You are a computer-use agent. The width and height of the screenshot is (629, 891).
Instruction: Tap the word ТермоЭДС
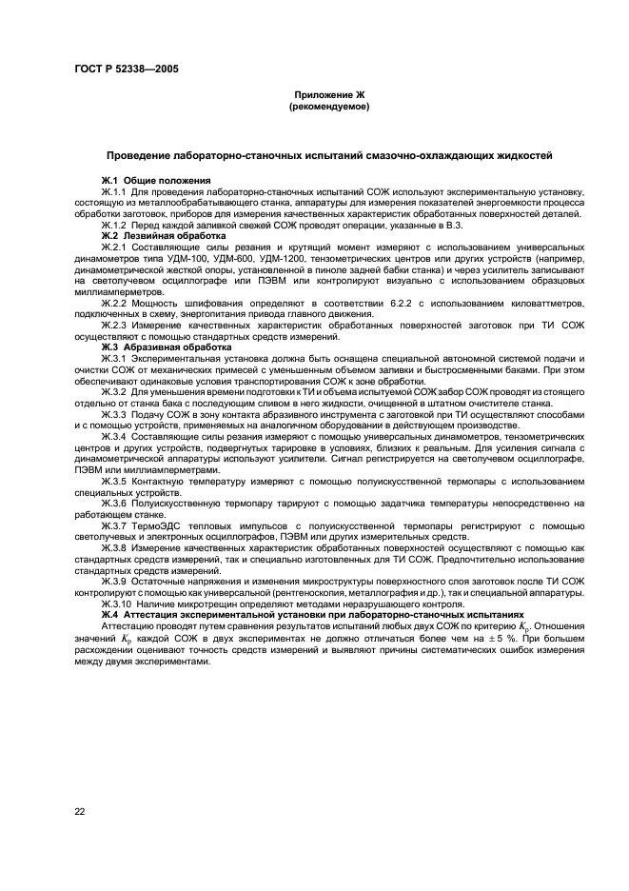click(x=159, y=525)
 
